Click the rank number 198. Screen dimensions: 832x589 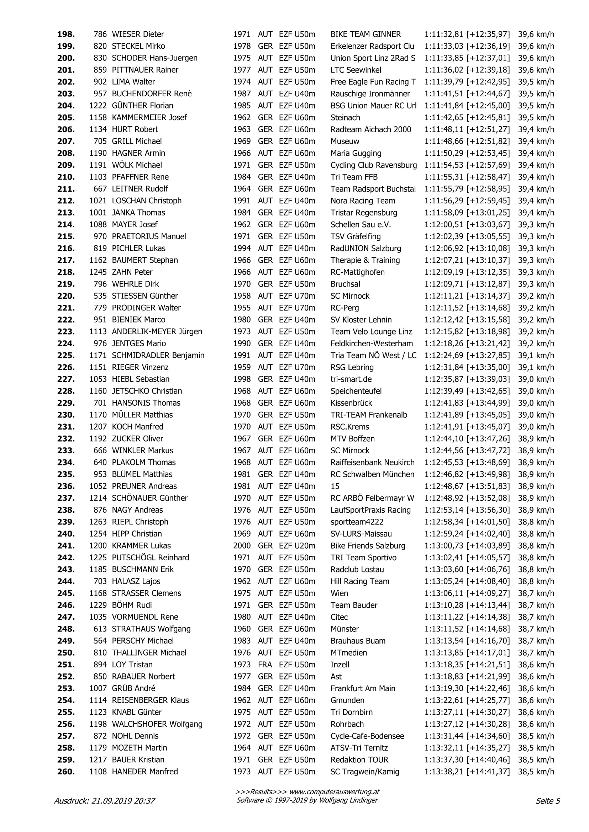pos(65,34)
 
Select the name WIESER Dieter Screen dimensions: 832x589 pos(138,34)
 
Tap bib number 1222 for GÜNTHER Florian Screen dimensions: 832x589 pos(98,106)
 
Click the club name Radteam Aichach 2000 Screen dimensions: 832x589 pos(371,130)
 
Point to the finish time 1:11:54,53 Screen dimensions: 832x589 pos(443,165)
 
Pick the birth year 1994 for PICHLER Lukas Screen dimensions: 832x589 pos(242,249)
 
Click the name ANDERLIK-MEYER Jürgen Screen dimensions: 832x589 pos(157,332)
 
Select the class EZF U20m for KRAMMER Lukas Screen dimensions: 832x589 pos(297,546)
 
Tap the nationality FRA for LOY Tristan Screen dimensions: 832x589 pos(265,665)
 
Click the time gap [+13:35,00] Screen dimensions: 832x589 pos(488,367)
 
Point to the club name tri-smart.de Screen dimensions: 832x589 pos(351,379)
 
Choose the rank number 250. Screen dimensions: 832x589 pos(65,653)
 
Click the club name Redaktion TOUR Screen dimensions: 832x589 pos(359,760)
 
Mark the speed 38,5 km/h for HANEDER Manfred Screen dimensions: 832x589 pos(536,772)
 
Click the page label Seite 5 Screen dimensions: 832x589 pos(548,801)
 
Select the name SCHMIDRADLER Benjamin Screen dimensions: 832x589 pos(158,356)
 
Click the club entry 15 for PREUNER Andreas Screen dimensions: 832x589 pos(335,486)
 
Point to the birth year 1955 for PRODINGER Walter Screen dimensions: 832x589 pos(242,308)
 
